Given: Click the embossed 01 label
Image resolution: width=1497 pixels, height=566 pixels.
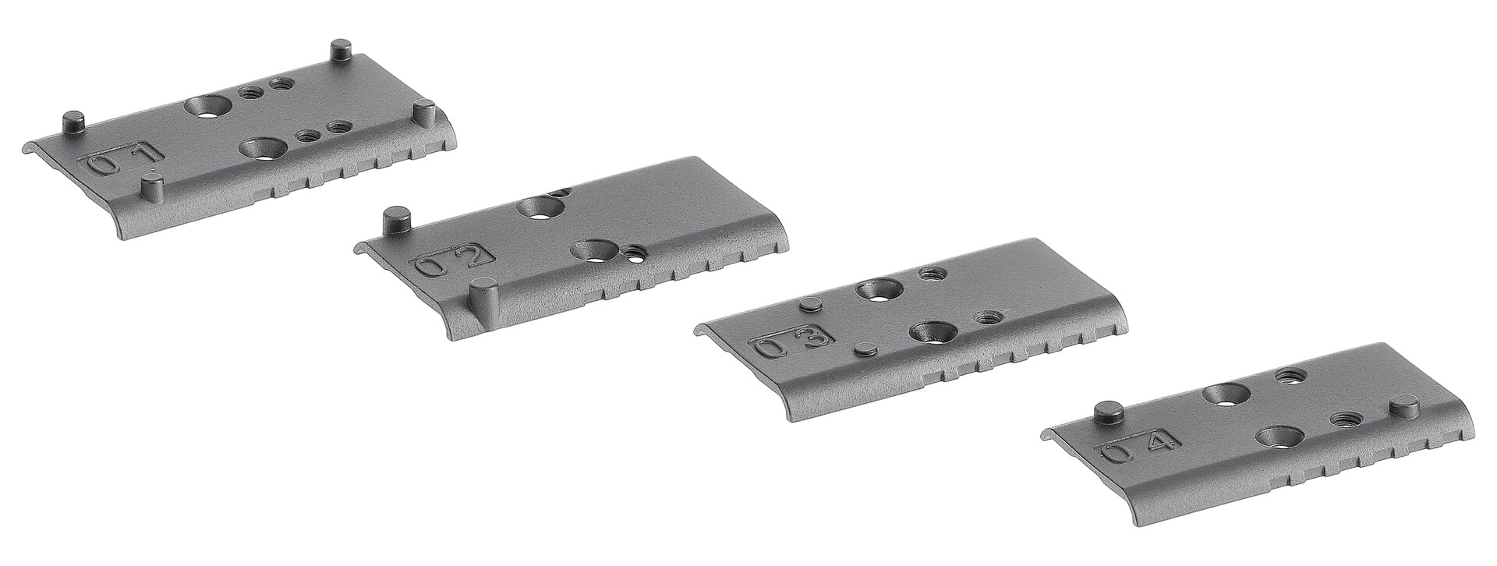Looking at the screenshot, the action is point(121,161).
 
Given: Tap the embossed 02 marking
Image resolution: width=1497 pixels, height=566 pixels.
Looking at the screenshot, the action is point(453,262).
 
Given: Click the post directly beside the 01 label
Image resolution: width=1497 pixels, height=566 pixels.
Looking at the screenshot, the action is point(153,187).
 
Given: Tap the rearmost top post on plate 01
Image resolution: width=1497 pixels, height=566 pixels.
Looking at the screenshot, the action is point(341,51).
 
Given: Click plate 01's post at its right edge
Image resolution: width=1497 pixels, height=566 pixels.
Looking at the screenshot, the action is point(424,111).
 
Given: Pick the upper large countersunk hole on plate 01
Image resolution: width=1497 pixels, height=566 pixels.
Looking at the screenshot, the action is point(207,108).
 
